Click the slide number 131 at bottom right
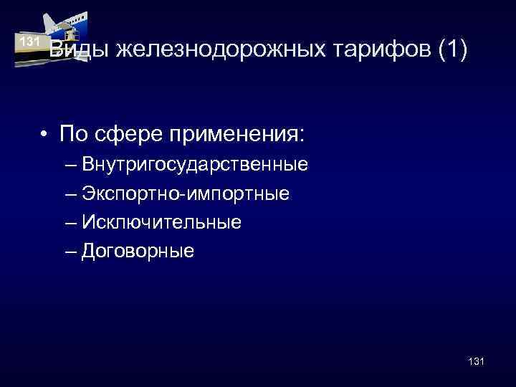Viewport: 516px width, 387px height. (x=475, y=362)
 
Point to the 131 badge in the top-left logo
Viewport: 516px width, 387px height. (x=29, y=41)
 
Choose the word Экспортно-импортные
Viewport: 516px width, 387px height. (x=186, y=194)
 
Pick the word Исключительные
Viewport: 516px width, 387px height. (x=161, y=223)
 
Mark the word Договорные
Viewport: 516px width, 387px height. (x=138, y=252)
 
